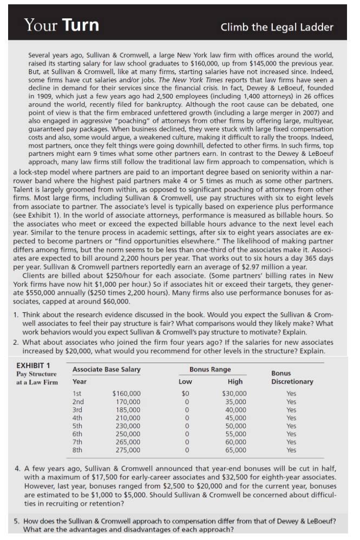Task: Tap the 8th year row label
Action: click(78, 450)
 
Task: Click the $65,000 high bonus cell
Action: click(235, 450)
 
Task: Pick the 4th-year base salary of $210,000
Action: click(128, 417)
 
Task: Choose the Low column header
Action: click(185, 381)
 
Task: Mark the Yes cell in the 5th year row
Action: click(291, 425)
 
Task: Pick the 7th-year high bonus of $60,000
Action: click(235, 442)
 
